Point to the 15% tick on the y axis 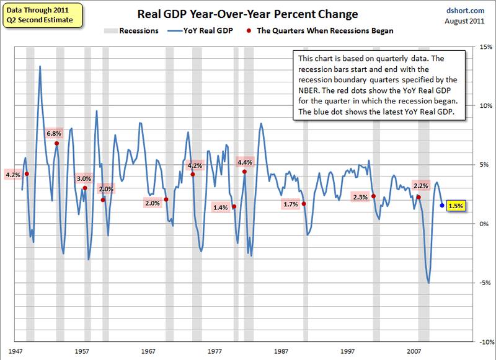point(485,46)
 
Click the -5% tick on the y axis point(485,283)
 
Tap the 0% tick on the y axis point(485,224)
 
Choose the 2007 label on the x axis point(414,351)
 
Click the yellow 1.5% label point(455,206)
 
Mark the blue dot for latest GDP point(441,205)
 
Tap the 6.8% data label point(55,133)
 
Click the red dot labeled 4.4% point(245,172)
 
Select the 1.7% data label point(291,204)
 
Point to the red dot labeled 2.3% point(373,196)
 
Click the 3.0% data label point(84,178)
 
